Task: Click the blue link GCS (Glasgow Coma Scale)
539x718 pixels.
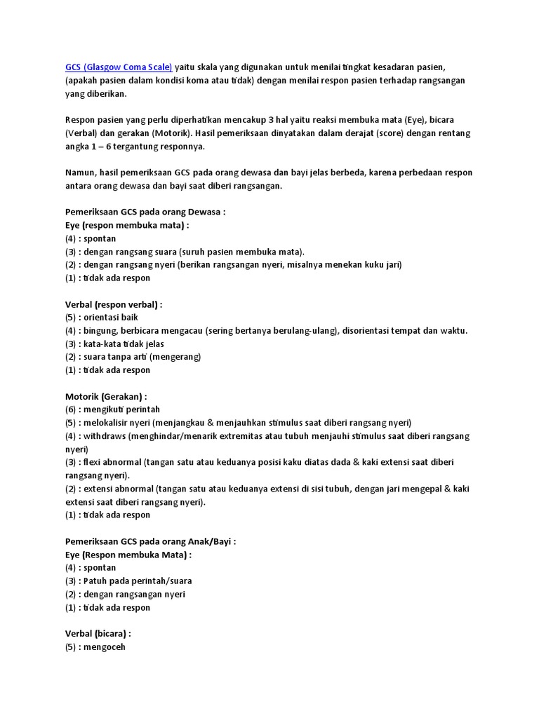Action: click(x=118, y=67)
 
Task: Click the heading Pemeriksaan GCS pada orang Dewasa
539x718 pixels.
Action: click(x=145, y=212)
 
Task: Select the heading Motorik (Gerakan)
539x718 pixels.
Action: click(x=106, y=396)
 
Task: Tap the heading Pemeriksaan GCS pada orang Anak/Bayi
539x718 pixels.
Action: click(x=149, y=541)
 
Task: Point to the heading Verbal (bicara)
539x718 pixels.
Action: click(x=98, y=634)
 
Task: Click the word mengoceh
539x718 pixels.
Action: click(x=105, y=647)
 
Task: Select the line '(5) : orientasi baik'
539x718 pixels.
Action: click(x=101, y=318)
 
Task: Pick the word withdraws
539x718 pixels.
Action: click(x=105, y=436)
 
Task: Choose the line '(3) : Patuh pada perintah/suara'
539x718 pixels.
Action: click(x=128, y=581)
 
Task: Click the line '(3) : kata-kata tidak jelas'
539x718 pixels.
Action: click(x=114, y=344)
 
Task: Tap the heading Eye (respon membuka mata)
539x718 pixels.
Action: click(x=126, y=225)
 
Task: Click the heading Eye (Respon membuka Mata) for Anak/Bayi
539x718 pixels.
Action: click(x=128, y=555)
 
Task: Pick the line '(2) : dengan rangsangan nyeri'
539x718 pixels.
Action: click(x=125, y=594)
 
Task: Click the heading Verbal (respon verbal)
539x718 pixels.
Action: click(x=113, y=304)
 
